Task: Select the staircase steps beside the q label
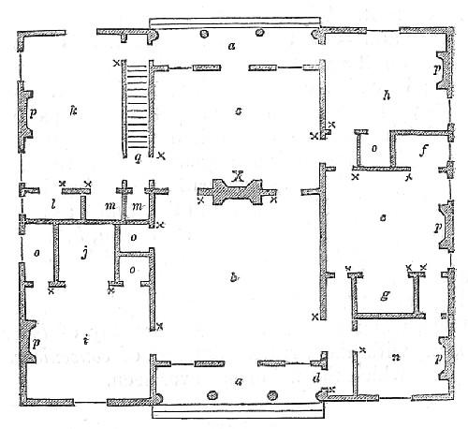137,103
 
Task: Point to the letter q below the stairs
137,156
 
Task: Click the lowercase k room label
72,111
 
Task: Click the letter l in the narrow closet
53,203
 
